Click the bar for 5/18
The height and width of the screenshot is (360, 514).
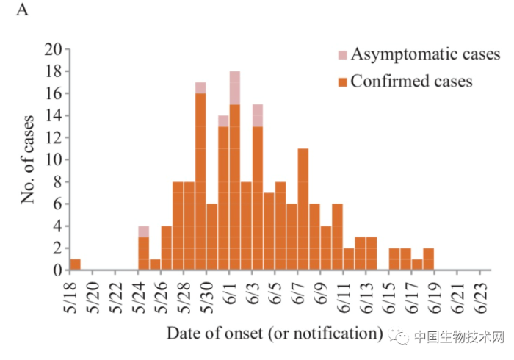pos(75,264)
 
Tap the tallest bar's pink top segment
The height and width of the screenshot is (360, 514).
pos(235,88)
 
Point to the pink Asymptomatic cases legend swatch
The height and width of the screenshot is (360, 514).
pos(342,55)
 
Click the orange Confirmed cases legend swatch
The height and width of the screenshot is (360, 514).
pos(342,82)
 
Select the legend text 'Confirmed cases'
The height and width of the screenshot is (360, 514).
pos(411,81)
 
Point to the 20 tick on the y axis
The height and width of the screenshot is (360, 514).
pos(52,50)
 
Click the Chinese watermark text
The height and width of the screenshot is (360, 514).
pos(458,337)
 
